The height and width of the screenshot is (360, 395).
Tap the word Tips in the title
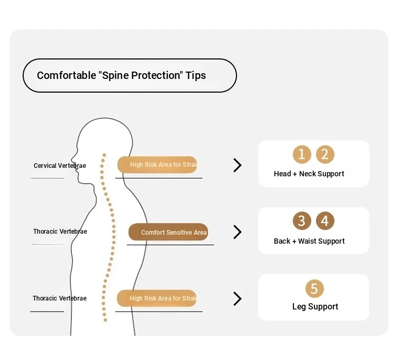tap(196, 75)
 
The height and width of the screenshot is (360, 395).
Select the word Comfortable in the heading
tap(66, 75)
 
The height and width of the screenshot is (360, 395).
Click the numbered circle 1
tap(302, 154)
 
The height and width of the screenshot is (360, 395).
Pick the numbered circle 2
tap(325, 154)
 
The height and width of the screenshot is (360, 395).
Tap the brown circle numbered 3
tap(302, 221)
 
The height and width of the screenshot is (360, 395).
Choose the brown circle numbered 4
tap(325, 221)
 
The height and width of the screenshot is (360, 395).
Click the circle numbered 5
tap(314, 288)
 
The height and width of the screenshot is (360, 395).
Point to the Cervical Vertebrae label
tap(60, 166)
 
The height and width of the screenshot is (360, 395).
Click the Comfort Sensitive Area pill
tap(168, 232)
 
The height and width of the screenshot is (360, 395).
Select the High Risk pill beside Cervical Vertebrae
tap(157, 165)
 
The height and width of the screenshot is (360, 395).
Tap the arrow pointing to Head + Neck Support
tap(238, 165)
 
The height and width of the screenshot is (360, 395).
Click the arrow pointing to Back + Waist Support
tap(238, 232)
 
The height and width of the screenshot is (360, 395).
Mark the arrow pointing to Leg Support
tap(238, 299)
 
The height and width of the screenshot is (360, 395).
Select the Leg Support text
tap(315, 306)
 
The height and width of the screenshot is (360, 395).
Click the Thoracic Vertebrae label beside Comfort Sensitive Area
tap(60, 232)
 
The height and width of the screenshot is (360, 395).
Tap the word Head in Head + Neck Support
tap(283, 174)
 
